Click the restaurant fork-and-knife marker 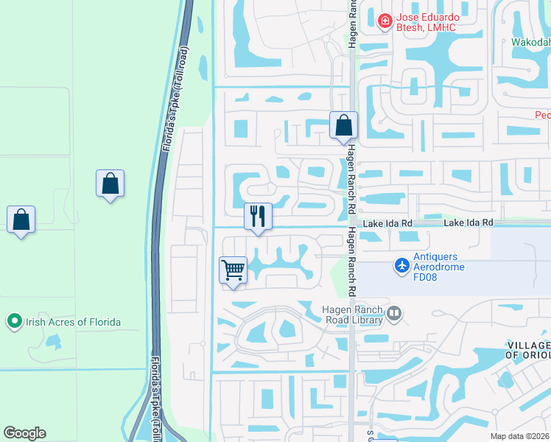258,217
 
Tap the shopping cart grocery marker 234,270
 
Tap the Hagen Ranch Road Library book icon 394,315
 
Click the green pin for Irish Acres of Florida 14,321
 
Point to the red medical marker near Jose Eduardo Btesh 384,21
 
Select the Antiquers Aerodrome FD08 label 439,262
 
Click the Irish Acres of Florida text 73,322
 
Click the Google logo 24,432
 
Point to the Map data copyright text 520,436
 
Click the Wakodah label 531,42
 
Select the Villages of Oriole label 528,350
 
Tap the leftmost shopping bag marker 21,219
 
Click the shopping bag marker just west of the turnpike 110,183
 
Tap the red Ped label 542,115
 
